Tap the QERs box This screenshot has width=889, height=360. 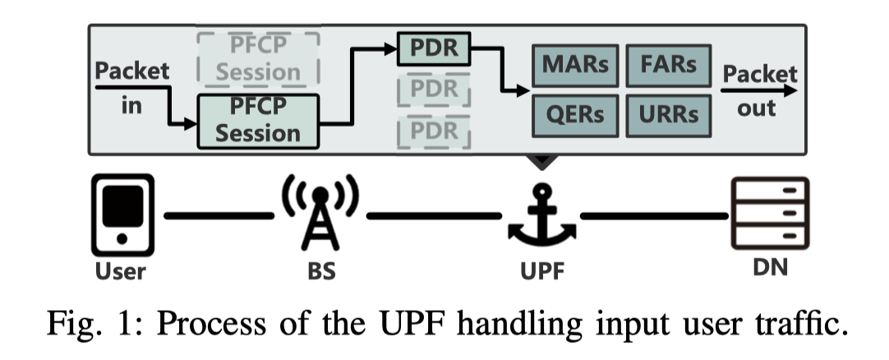[574, 114]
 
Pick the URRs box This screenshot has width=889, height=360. [667, 114]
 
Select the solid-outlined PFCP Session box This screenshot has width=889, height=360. [257, 120]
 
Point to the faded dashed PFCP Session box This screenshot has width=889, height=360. [257, 60]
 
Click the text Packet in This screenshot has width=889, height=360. [132, 87]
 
